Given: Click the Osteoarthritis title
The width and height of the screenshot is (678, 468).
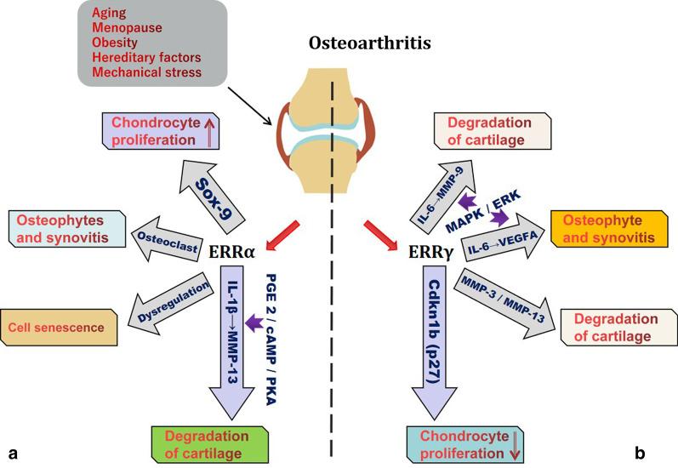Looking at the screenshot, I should point(339,42).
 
